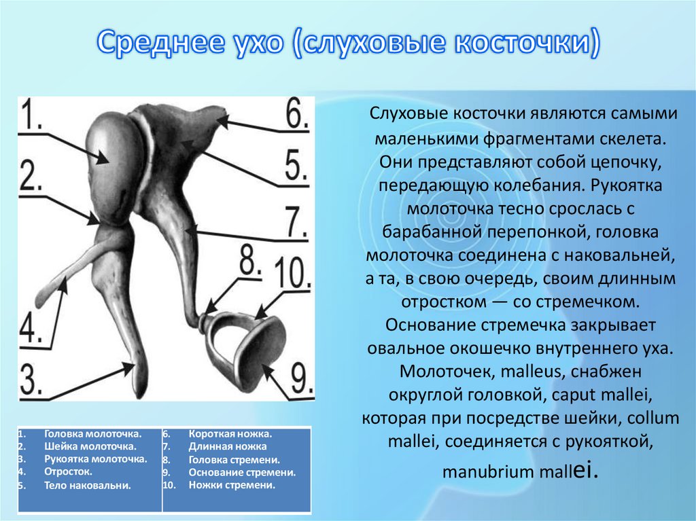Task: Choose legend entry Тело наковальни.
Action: click(x=88, y=486)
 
